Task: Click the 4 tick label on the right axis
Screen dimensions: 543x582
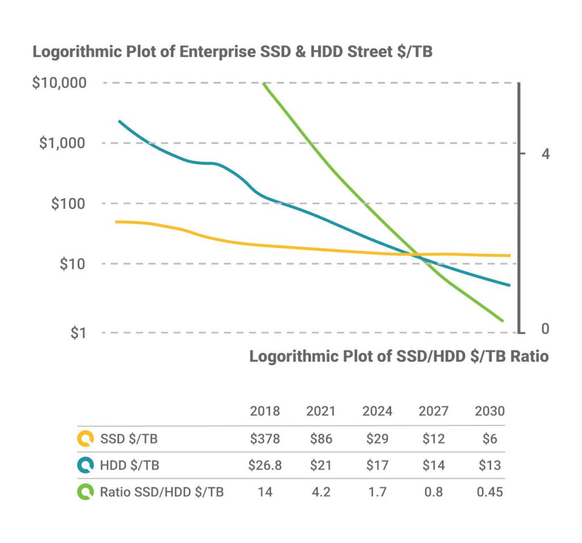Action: pos(546,154)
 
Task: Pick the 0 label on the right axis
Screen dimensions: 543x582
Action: pos(546,329)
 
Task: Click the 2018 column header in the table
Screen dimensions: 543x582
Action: pos(265,411)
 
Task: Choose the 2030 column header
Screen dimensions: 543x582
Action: pos(489,411)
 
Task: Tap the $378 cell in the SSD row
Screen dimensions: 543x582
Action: pos(265,439)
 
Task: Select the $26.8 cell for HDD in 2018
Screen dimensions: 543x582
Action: pos(265,466)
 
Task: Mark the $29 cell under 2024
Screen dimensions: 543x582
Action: pos(377,439)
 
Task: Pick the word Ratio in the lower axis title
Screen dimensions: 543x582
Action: pos(529,357)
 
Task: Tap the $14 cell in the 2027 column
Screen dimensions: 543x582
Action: pos(433,466)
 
